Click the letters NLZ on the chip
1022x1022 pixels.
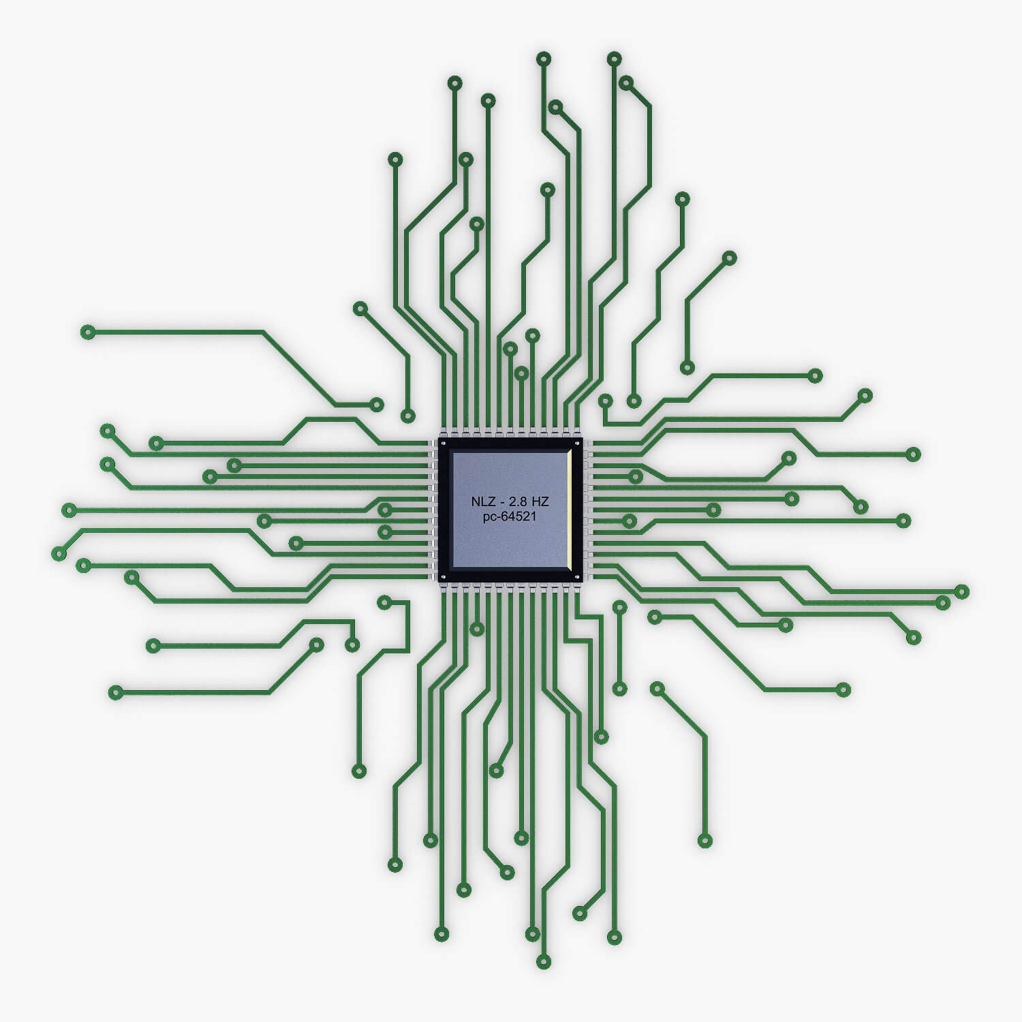[480, 502]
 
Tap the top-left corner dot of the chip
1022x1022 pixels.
[444, 444]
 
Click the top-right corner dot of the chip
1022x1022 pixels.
[577, 444]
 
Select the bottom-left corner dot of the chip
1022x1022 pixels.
[444, 578]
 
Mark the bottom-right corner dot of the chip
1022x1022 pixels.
[577, 578]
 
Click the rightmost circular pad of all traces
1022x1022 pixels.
[961, 591]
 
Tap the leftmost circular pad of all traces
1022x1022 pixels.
[59, 553]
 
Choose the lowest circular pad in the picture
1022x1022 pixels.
[543, 962]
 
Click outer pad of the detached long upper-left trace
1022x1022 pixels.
[87, 332]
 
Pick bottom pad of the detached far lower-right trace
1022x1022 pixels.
[705, 841]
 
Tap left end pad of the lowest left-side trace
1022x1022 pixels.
[116, 693]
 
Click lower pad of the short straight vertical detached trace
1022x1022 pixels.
[619, 689]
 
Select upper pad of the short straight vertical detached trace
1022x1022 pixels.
[619, 606]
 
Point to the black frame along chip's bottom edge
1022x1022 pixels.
[510, 576]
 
